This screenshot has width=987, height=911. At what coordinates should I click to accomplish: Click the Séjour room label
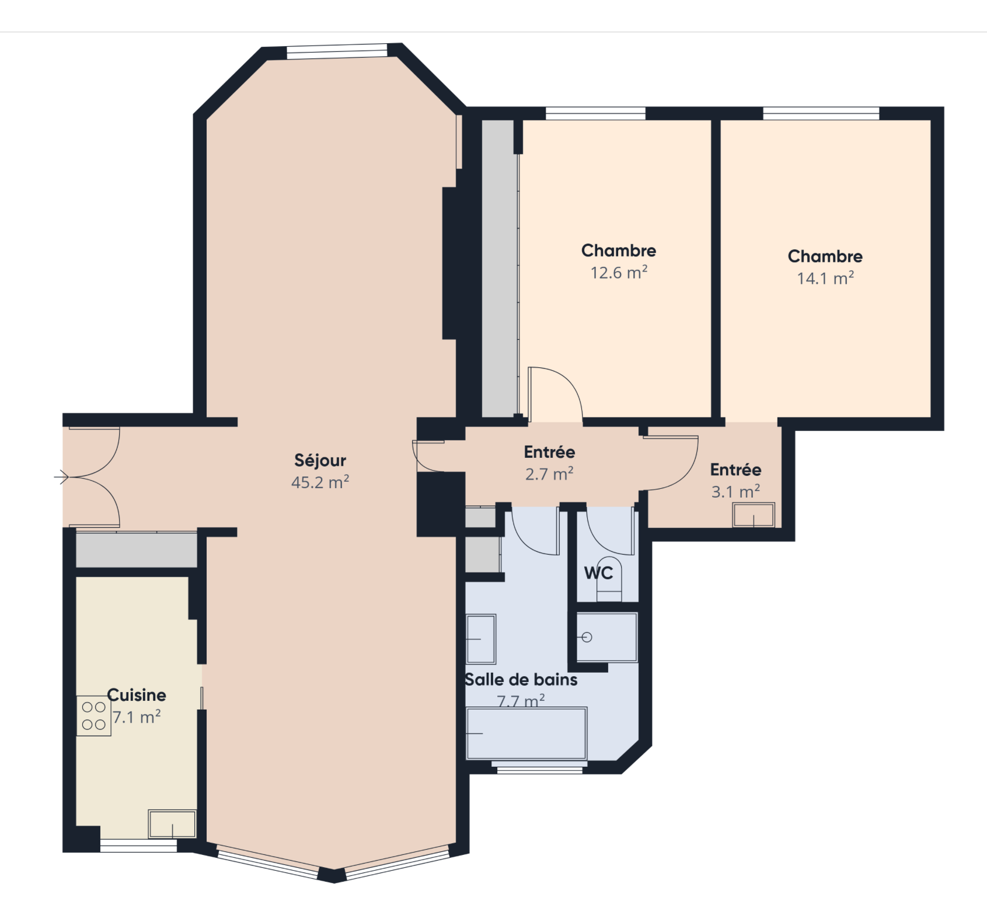click(320, 461)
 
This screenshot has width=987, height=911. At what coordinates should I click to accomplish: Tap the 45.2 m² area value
click(320, 482)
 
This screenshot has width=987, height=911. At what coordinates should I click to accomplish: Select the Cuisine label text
click(137, 695)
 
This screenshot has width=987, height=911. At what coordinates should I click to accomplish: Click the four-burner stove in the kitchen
click(93, 716)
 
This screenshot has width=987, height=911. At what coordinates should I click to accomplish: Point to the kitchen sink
click(172, 824)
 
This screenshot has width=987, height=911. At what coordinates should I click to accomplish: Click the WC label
click(599, 573)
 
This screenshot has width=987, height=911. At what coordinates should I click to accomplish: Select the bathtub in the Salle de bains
click(526, 733)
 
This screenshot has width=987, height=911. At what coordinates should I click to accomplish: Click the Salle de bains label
click(521, 680)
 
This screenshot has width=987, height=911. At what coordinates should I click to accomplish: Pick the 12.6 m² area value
click(619, 273)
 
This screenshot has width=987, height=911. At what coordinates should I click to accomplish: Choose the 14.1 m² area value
click(825, 278)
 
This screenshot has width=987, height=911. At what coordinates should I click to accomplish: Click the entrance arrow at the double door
click(61, 477)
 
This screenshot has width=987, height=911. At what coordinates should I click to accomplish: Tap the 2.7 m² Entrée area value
click(549, 474)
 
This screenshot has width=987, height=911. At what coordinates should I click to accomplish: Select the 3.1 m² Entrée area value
click(735, 492)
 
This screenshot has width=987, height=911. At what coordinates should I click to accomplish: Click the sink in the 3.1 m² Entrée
click(754, 515)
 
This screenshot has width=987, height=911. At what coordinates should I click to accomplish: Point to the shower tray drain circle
click(587, 637)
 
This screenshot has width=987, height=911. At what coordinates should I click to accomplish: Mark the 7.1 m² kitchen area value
click(137, 717)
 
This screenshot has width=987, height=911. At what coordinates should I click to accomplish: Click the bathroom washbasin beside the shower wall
click(481, 639)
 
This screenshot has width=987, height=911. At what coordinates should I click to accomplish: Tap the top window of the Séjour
click(337, 51)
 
